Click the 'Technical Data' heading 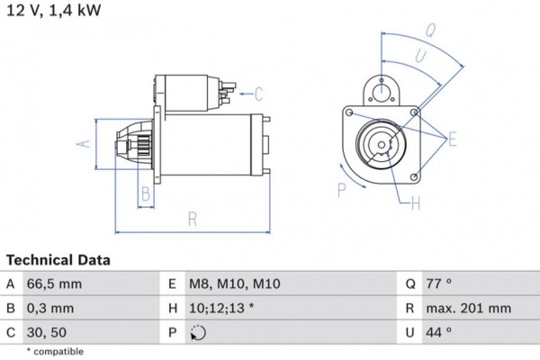(58, 260)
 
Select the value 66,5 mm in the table (56, 283)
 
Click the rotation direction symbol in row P (198, 333)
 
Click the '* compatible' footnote (55, 351)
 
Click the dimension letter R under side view (192, 218)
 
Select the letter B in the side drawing (144, 193)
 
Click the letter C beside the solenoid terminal (258, 93)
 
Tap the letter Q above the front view (430, 29)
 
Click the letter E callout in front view (453, 138)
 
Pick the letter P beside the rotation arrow (341, 189)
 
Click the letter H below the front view (415, 204)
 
